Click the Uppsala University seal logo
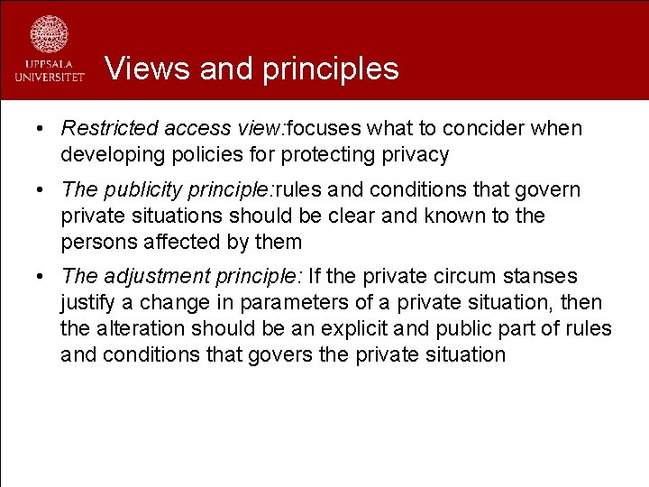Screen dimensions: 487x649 [x=49, y=35]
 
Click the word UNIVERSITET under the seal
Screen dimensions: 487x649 [x=49, y=78]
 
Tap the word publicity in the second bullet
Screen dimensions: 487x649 [x=134, y=190]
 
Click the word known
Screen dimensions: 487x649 [x=467, y=216]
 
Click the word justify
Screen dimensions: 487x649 [x=87, y=303]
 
